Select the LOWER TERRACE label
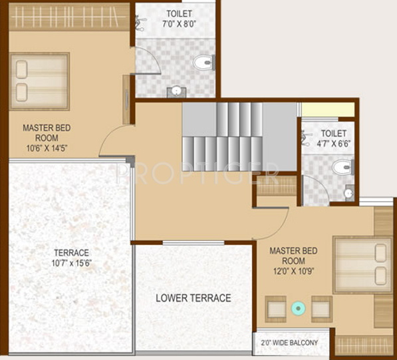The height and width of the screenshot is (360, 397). click(194, 297)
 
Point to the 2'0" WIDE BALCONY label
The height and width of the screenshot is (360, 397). click(291, 343)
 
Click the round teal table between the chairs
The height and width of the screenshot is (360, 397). click(299, 308)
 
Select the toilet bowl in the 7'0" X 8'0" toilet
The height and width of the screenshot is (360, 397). click(202, 63)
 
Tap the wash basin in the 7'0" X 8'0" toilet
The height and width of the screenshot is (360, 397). click(176, 90)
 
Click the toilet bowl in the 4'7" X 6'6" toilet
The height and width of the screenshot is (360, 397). click(342, 167)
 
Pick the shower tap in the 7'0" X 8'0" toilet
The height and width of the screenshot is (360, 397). click(141, 22)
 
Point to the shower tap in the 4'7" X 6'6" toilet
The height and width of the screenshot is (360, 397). click(306, 138)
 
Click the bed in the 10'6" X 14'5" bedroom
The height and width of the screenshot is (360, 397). click(40, 81)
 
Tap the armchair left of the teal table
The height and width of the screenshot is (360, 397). click(276, 309)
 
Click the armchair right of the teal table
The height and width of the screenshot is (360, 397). click(321, 309)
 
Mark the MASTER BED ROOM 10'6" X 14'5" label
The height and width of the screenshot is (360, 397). click(47, 138)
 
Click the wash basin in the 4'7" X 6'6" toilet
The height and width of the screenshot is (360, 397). click(348, 193)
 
